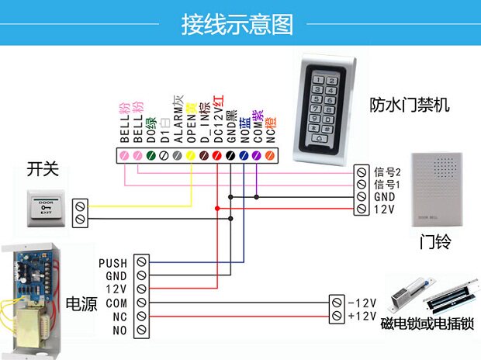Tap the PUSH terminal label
tap(113, 264)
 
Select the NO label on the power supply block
tap(119, 331)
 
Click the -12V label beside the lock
tap(362, 303)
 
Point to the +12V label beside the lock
tap(362, 316)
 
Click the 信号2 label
tap(387, 172)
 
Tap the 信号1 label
tap(387, 185)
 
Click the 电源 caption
tap(82, 303)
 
